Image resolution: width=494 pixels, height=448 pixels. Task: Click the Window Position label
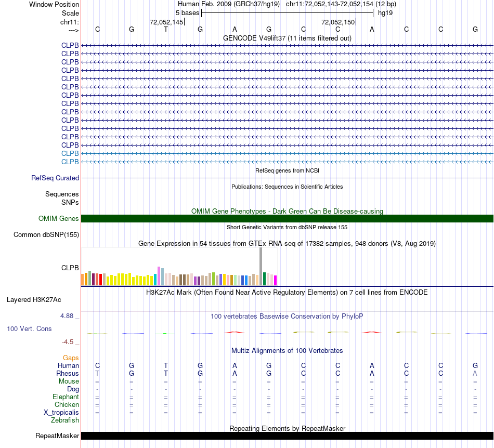point(54,4)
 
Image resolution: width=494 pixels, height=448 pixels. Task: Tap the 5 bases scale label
point(187,12)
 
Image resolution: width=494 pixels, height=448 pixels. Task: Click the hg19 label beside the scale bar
point(385,12)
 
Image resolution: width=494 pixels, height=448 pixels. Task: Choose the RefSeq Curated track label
point(55,178)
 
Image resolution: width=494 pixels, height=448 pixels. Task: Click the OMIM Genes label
point(59,219)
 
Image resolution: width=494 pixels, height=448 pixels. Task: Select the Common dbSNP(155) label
point(46,235)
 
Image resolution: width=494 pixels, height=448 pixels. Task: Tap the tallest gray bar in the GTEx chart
point(261,266)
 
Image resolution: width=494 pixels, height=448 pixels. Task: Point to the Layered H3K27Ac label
point(34,299)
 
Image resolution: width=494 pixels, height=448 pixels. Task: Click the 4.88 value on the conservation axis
point(68,315)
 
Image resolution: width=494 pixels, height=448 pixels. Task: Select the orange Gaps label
point(71,358)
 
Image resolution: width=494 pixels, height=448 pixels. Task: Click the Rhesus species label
point(68,373)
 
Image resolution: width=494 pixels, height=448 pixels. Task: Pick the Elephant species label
point(66,397)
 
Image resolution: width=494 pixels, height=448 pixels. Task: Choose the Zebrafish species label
point(65,420)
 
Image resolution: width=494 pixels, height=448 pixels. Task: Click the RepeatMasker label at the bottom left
point(57,436)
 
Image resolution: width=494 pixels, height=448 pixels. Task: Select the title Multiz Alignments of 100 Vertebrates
point(287,351)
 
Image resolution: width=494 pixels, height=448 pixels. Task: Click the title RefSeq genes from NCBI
point(287,170)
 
